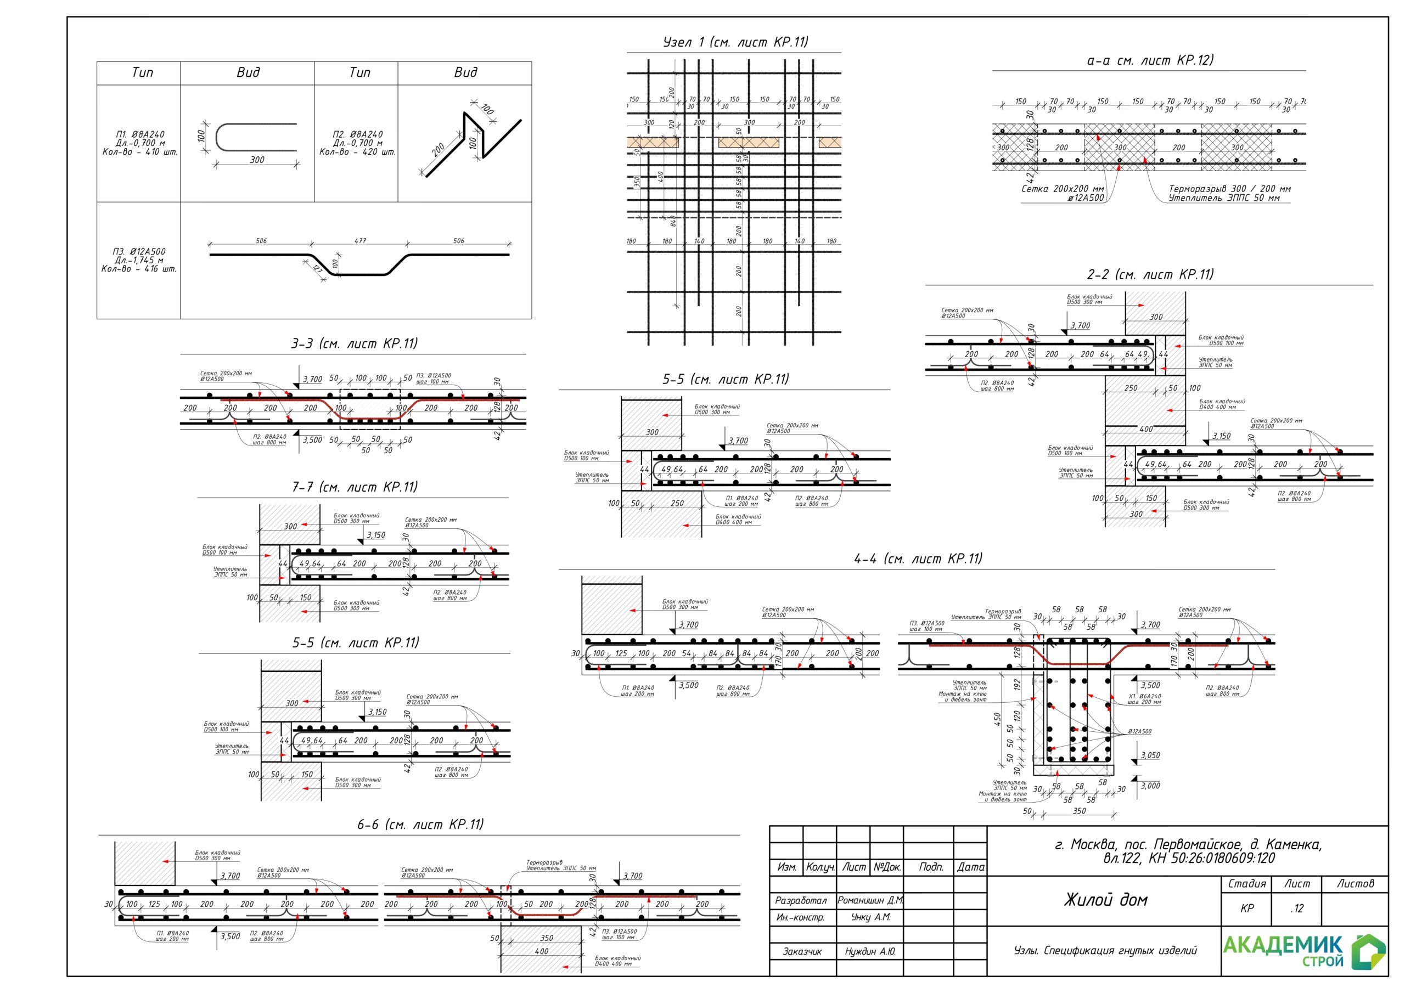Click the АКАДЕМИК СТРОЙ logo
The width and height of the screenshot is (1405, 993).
(1303, 951)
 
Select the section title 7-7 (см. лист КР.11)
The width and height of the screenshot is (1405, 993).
(355, 487)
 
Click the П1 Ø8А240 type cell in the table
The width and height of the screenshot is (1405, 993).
(139, 143)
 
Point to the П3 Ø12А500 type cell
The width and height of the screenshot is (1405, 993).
(139, 260)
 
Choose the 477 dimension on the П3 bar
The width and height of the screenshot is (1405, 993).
(360, 240)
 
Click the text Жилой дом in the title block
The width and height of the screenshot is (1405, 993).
(1105, 899)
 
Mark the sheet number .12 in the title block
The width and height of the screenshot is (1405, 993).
(1297, 909)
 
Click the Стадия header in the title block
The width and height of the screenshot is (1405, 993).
(1246, 883)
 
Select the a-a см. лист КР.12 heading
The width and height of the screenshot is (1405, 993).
(1150, 60)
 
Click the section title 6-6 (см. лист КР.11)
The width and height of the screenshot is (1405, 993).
(420, 824)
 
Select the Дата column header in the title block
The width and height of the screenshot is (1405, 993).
(970, 867)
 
